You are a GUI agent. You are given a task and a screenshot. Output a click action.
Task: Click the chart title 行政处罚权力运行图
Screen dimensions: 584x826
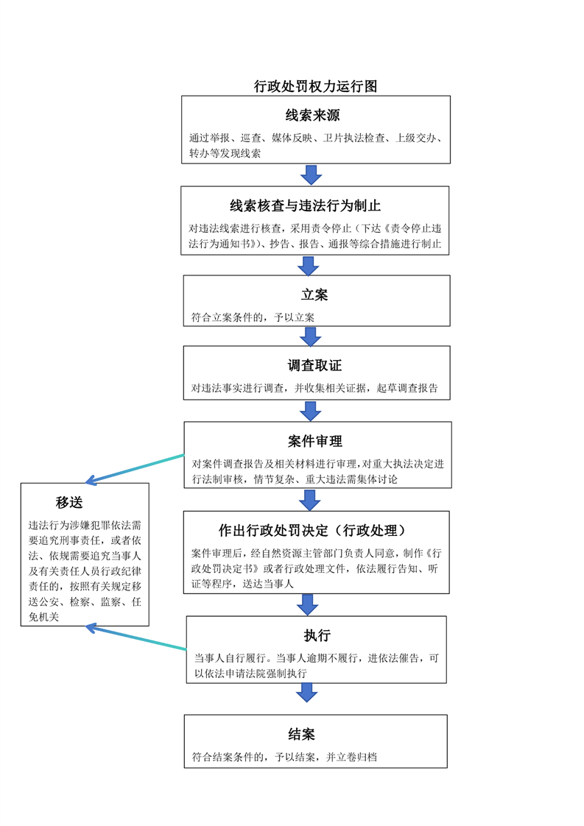pos(315,86)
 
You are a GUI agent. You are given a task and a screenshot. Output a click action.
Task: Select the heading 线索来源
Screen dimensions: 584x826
pos(312,115)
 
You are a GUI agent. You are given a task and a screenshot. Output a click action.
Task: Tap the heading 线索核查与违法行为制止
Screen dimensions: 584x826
pos(305,205)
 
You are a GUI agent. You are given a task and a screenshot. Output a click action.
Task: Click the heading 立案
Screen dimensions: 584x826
pos(314,294)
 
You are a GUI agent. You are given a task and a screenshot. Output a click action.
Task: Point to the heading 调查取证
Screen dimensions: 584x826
pos(314,365)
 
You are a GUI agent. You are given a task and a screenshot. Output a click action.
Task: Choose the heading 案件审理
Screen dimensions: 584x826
pos(315,441)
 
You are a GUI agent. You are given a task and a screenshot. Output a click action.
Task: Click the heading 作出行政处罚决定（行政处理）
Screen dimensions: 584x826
pos(314,531)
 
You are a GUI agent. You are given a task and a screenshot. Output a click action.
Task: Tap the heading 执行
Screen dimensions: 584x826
pos(317,635)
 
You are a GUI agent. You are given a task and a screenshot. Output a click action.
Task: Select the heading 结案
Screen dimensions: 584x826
pos(301,734)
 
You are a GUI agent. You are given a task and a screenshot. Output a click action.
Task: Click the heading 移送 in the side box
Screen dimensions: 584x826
pos(69,502)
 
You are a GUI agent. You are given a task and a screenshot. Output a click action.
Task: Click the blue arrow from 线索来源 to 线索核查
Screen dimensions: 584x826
pos(311,174)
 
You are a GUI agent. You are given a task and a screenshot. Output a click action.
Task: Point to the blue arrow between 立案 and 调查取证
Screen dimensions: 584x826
pos(311,336)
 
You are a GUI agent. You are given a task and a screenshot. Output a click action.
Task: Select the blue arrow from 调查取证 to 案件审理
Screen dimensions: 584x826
pos(311,411)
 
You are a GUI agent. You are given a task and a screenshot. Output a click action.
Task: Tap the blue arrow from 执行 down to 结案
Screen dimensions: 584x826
pos(307,693)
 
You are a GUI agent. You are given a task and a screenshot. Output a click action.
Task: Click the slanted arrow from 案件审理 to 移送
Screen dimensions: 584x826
pos(135,468)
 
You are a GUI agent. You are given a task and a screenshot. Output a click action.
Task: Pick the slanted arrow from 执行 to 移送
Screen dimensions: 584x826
pos(136,637)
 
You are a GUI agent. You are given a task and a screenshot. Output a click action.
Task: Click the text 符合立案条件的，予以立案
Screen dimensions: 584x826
pos(253,317)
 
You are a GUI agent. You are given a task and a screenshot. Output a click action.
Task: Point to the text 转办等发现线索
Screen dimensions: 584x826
pos(225,153)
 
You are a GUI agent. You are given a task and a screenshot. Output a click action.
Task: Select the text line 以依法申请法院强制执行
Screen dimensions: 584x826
pos(250,673)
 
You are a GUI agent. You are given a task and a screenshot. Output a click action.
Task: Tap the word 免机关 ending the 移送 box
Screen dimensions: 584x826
pos(43,617)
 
